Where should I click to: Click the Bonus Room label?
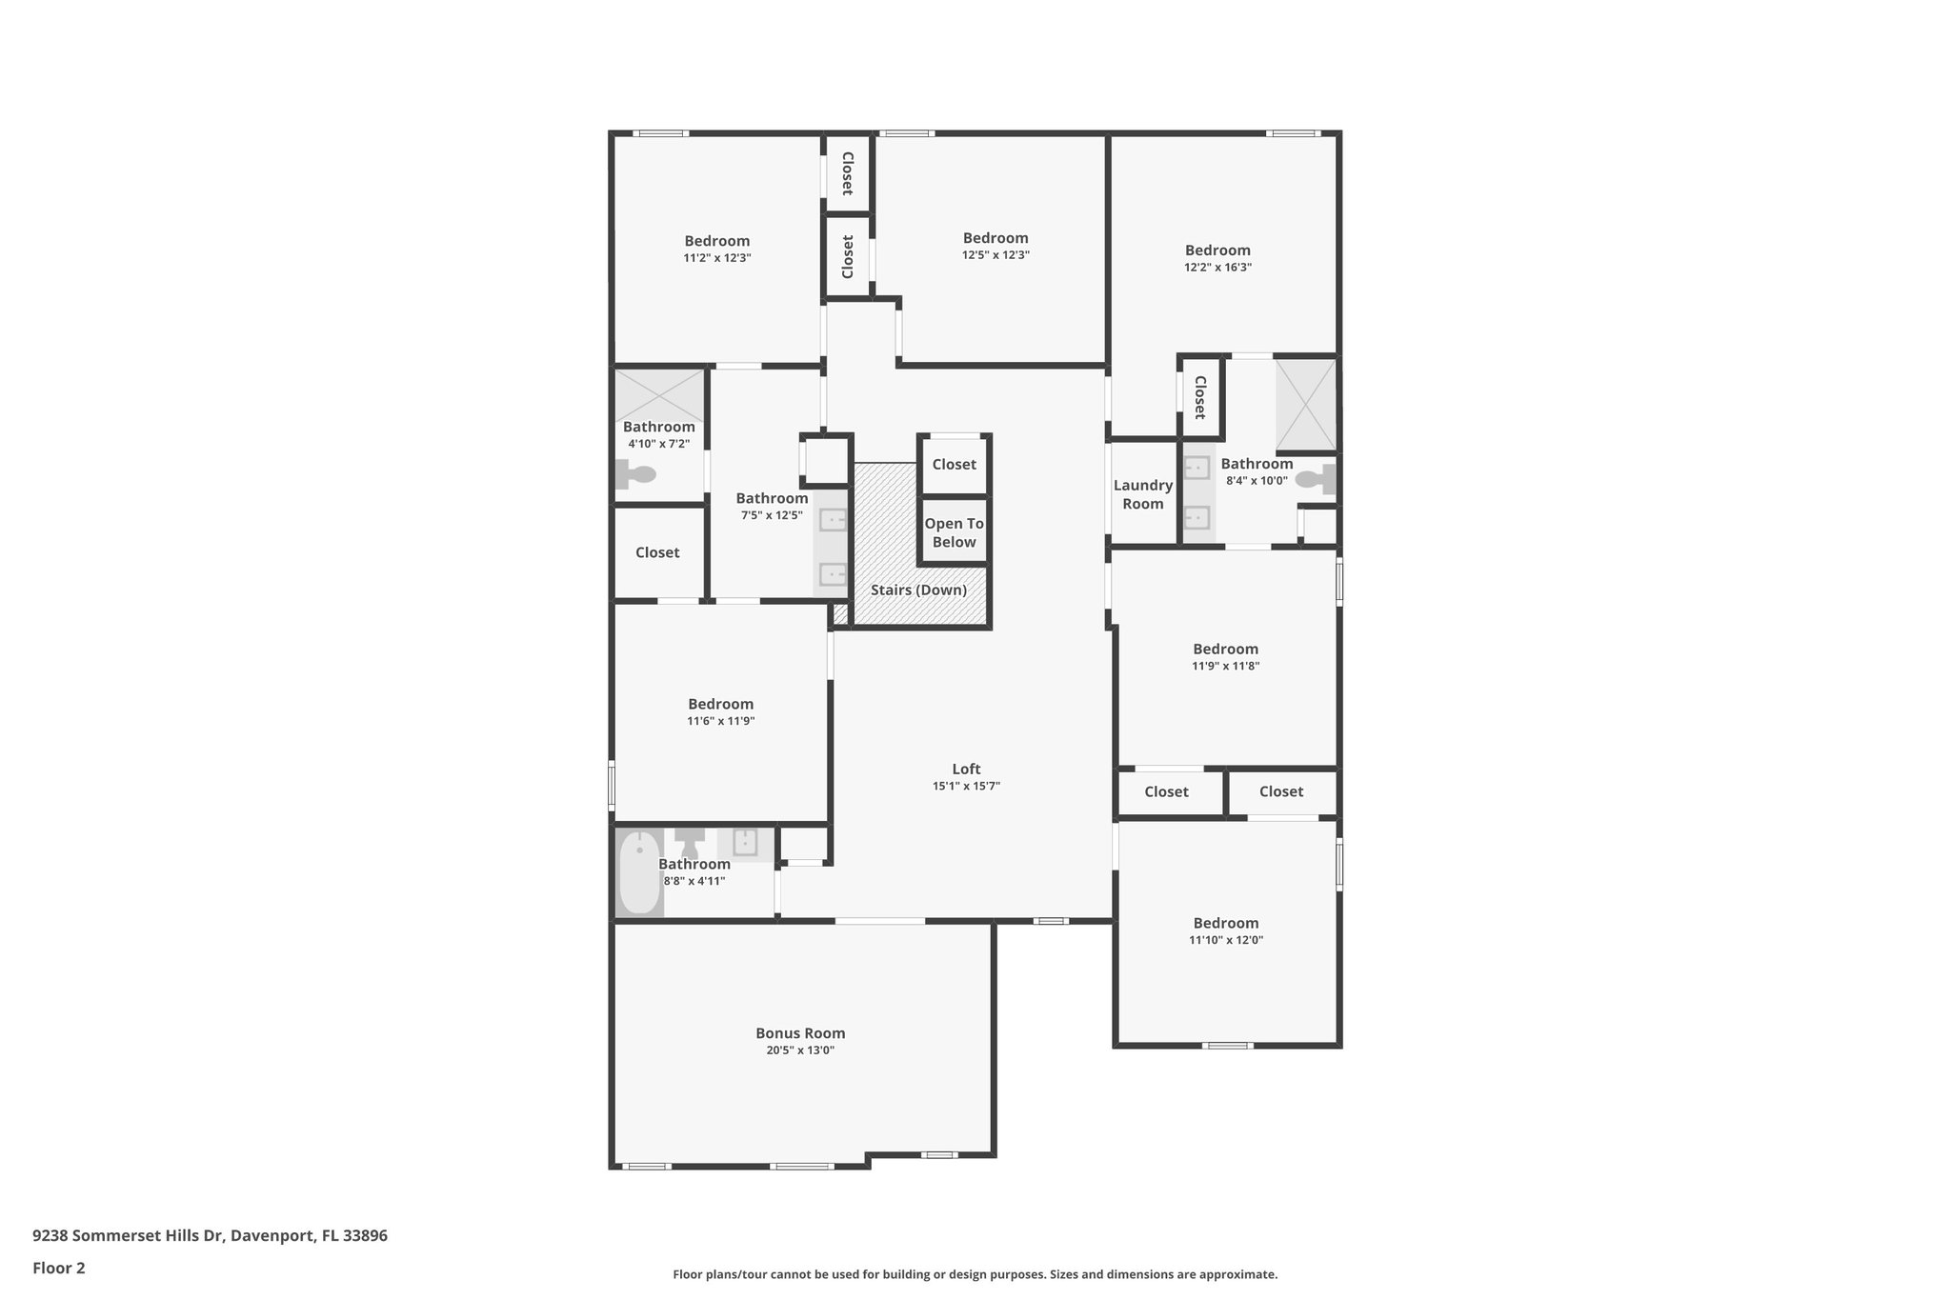(800, 1033)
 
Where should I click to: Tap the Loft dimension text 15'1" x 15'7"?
(966, 787)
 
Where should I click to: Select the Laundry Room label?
(1142, 494)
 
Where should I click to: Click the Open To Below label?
(954, 532)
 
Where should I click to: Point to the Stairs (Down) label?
(918, 590)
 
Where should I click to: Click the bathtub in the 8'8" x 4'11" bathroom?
(639, 871)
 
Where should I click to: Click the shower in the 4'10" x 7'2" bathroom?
(659, 395)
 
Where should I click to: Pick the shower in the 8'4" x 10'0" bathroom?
(1305, 405)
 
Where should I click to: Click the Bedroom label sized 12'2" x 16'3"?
(1217, 250)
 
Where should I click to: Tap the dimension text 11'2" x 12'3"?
(716, 258)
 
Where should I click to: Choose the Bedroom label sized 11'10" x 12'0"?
(1225, 923)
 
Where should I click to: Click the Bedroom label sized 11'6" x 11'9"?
(720, 705)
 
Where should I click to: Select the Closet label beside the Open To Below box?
(954, 465)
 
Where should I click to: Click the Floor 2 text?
(59, 1268)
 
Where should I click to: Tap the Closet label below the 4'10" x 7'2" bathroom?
(657, 552)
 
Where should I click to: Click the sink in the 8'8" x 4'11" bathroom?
(744, 843)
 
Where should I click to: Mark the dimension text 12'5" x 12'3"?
(996, 255)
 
